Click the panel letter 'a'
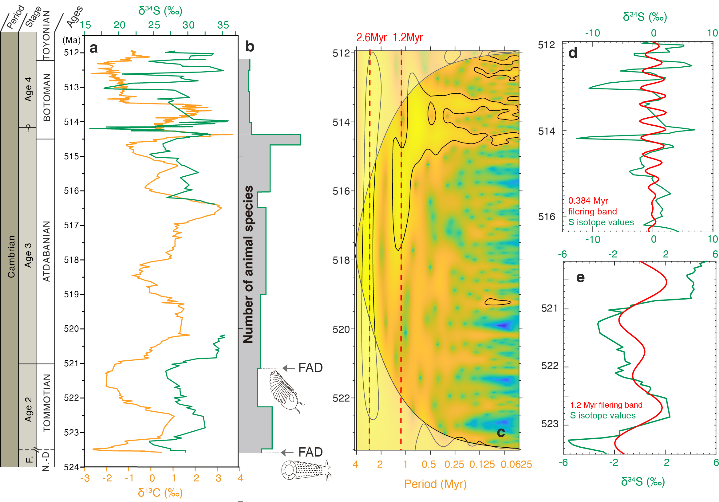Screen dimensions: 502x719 coord(93,48)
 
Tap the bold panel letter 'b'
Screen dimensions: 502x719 coord(250,47)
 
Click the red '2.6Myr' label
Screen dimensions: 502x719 coord(371,37)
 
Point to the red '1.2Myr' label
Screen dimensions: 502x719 coord(407,37)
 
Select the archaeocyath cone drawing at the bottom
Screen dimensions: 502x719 coord(305,470)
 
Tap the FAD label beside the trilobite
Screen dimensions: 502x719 coord(310,368)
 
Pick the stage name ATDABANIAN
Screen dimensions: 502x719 coord(47,251)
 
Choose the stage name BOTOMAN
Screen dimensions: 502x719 coord(47,97)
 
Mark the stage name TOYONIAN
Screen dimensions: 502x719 coord(46,35)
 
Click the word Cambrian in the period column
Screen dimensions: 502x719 coord(11,257)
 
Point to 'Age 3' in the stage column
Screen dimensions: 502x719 coord(28,255)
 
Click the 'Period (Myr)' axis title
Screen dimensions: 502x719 coord(435,484)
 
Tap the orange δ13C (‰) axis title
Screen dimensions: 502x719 coord(160,492)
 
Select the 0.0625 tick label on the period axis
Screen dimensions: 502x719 coord(516,465)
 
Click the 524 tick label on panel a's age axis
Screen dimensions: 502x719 coord(72,467)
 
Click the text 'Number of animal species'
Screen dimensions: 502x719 coord(248,265)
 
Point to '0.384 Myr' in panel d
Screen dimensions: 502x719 coord(588,201)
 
